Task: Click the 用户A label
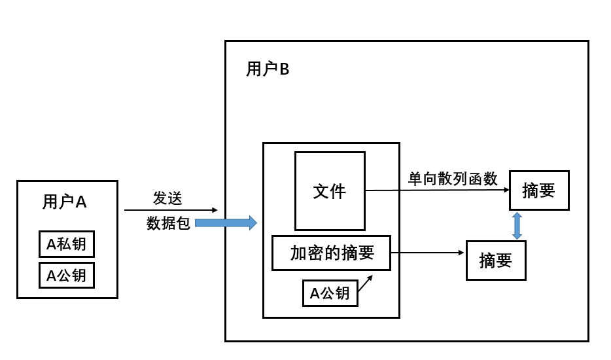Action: pyautogui.click(x=64, y=202)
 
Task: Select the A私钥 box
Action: pyautogui.click(x=66, y=245)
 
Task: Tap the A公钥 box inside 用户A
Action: pyautogui.click(x=66, y=275)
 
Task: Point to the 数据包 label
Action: pyautogui.click(x=168, y=224)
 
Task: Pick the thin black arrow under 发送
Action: pyautogui.click(x=170, y=210)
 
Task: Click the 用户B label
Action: pyautogui.click(x=268, y=69)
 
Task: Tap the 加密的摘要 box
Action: pyautogui.click(x=331, y=253)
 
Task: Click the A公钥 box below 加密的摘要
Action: pyautogui.click(x=330, y=293)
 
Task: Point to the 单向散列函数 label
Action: pyautogui.click(x=453, y=179)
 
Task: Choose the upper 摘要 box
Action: pyautogui.click(x=539, y=190)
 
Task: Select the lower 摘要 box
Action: pyautogui.click(x=496, y=261)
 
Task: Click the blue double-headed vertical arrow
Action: pyautogui.click(x=517, y=225)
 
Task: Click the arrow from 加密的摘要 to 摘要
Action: pyautogui.click(x=428, y=253)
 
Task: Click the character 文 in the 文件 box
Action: pyautogui.click(x=321, y=191)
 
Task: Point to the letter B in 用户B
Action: pyautogui.click(x=284, y=69)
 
